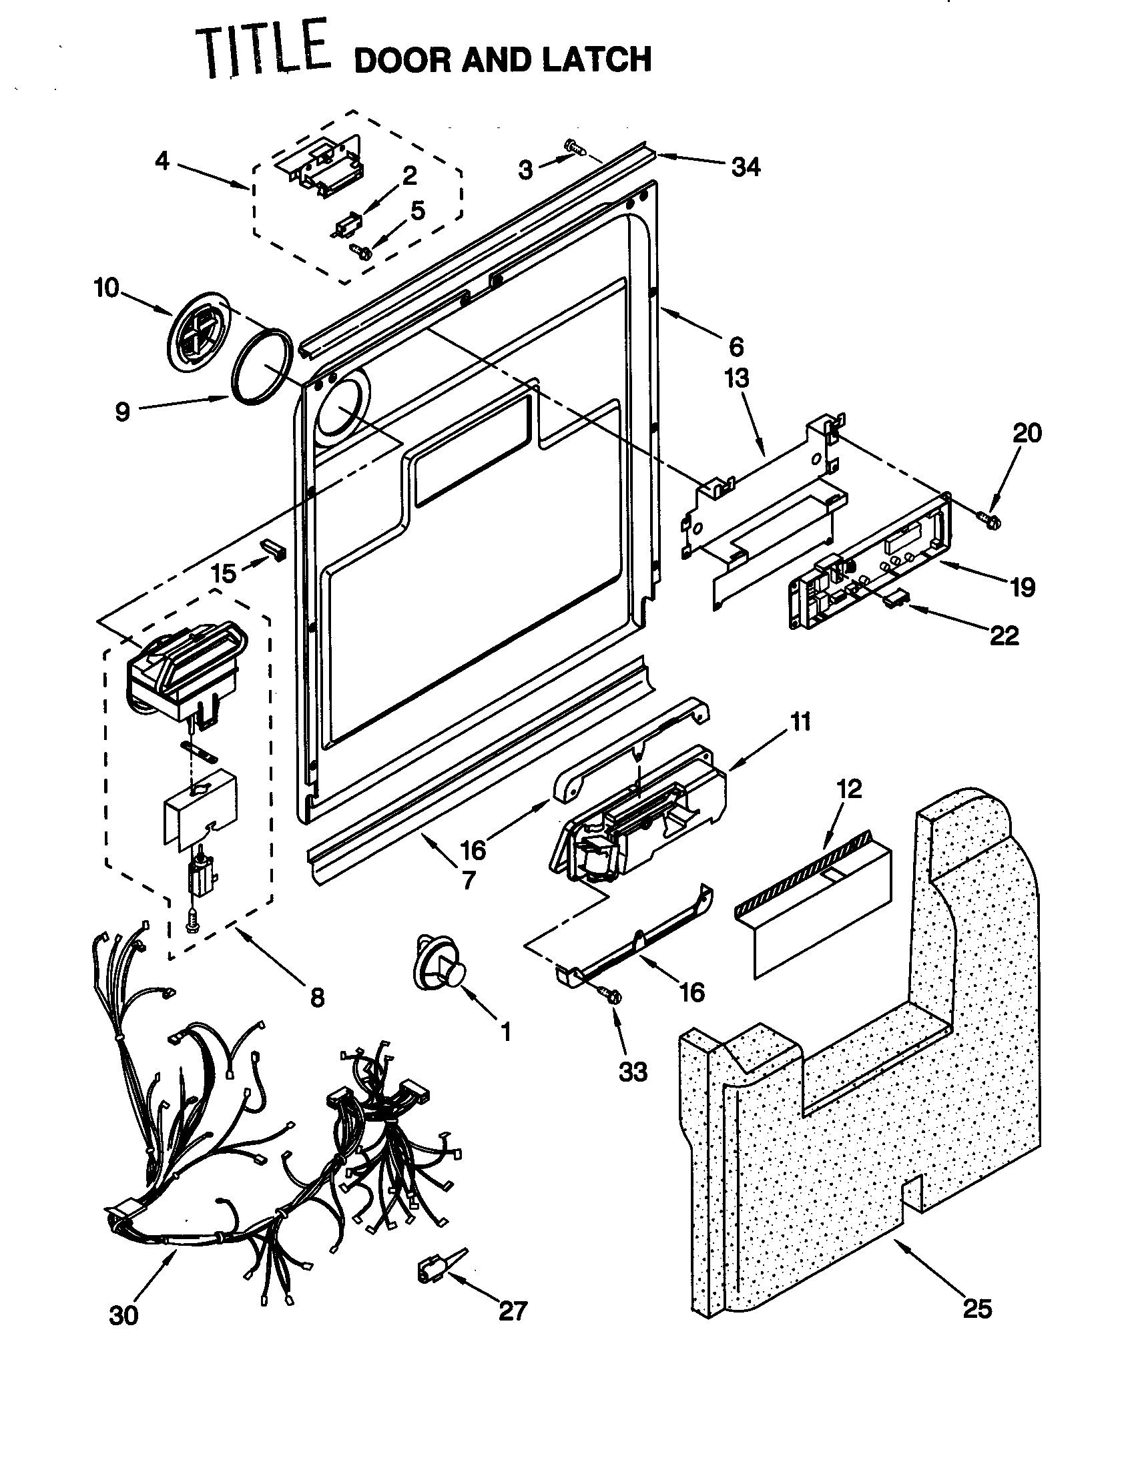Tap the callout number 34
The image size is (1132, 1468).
746,167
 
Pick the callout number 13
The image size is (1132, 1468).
737,378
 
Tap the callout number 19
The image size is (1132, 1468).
1023,588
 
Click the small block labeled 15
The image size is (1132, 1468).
273,547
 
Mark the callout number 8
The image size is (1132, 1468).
317,998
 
